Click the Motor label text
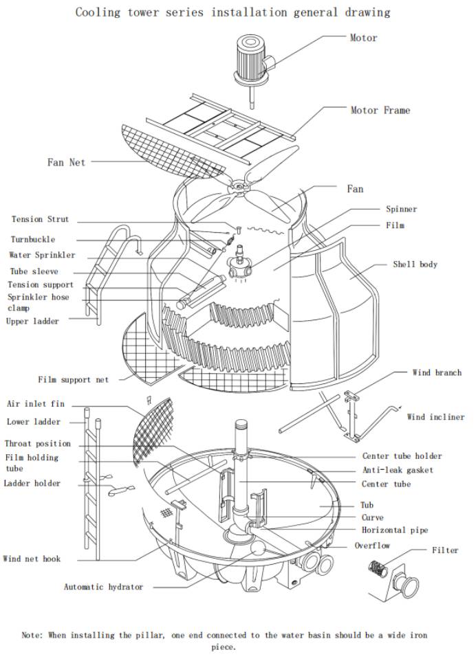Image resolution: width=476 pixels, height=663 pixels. [363, 38]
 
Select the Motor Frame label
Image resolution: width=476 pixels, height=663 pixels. [380, 110]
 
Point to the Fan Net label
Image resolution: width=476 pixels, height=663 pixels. [66, 163]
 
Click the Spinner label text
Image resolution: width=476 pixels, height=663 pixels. [401, 209]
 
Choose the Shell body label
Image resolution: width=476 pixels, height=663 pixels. [415, 264]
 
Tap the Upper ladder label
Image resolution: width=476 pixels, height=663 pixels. [33, 321]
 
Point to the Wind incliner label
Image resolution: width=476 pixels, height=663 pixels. [435, 416]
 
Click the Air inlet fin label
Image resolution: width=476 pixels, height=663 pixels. [36, 404]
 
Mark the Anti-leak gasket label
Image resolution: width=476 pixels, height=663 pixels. [398, 471]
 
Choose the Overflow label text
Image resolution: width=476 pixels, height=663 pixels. [372, 546]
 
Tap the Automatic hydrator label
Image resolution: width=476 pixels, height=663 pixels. [104, 587]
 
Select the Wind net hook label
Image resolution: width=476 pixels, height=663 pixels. [32, 559]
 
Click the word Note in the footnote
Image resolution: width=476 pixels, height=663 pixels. [32, 636]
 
